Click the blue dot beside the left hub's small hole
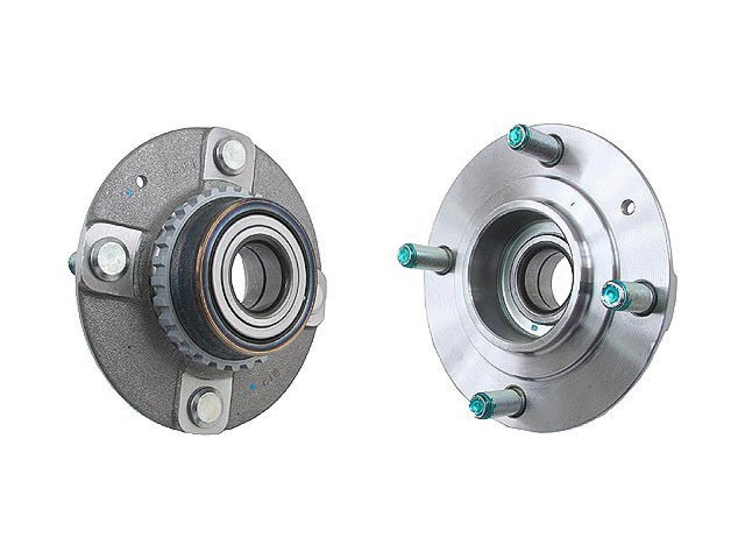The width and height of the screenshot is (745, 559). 130,191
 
